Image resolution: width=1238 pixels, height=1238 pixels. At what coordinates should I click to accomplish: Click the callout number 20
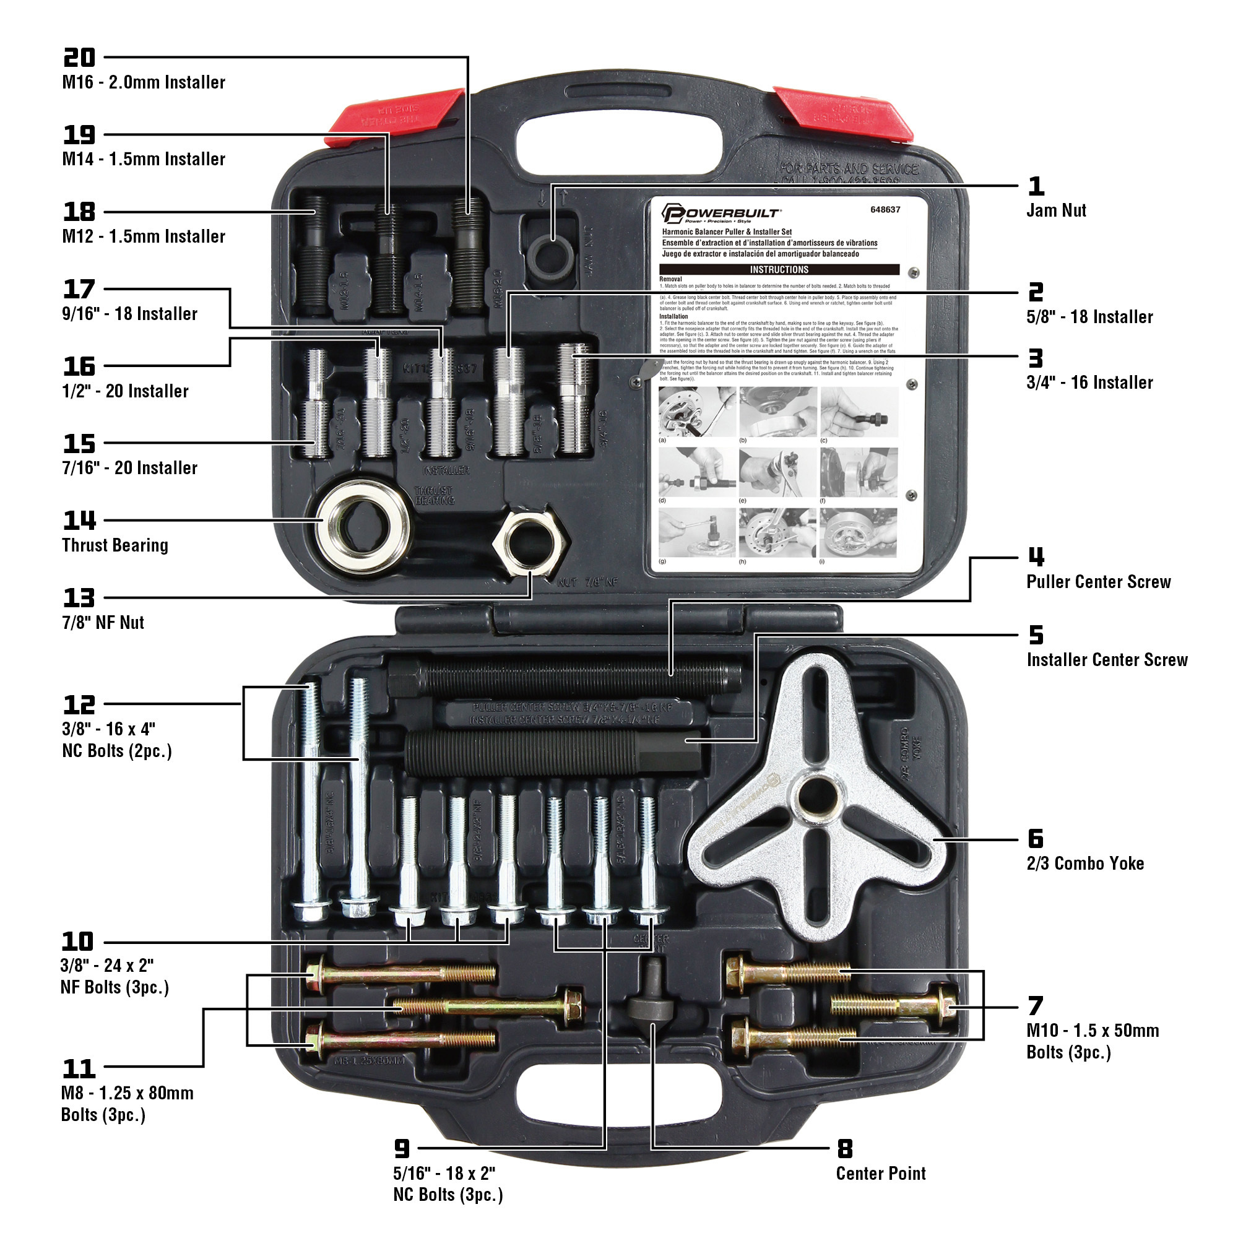tap(79, 58)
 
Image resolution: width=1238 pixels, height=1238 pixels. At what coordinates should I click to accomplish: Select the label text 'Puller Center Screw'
tap(1097, 582)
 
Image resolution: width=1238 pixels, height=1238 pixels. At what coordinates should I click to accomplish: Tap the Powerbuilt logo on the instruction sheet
tap(721, 214)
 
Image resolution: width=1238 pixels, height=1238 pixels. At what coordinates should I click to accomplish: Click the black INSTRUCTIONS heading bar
tap(779, 270)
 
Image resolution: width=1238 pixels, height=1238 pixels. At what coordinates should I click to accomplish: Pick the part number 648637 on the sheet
tap(885, 210)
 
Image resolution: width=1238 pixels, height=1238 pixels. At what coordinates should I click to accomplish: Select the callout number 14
tap(79, 521)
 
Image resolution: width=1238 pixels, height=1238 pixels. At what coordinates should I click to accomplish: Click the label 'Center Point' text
tap(880, 1173)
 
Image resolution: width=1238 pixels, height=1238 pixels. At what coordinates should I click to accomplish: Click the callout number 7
tap(1036, 1006)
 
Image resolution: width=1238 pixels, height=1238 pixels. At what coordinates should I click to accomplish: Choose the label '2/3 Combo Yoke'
tap(1085, 863)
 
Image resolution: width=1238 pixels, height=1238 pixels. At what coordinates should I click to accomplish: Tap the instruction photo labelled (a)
tap(696, 412)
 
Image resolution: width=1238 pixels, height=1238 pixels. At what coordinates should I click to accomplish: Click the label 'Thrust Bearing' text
tap(115, 545)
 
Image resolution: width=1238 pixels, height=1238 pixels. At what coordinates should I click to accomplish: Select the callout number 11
tap(79, 1069)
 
